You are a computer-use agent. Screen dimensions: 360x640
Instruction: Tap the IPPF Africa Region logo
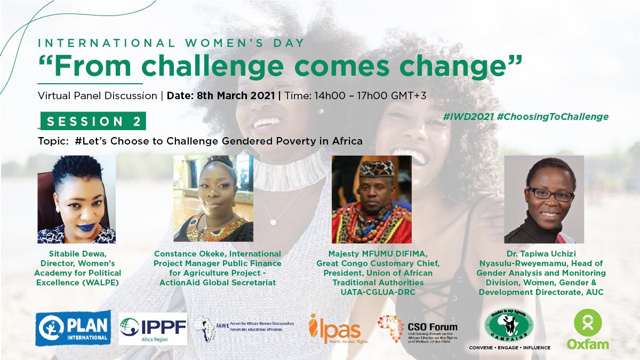tap(153, 329)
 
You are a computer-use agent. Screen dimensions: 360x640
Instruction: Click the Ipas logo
tap(335, 328)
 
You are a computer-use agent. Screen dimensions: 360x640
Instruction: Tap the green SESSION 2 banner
tap(94, 121)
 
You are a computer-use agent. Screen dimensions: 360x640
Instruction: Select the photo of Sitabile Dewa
tap(76, 199)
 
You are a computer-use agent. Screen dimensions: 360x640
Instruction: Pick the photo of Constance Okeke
tap(213, 199)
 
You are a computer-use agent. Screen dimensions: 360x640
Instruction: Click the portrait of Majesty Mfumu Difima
tap(371, 199)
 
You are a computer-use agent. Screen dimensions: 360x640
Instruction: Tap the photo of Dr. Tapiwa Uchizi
tap(544, 199)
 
